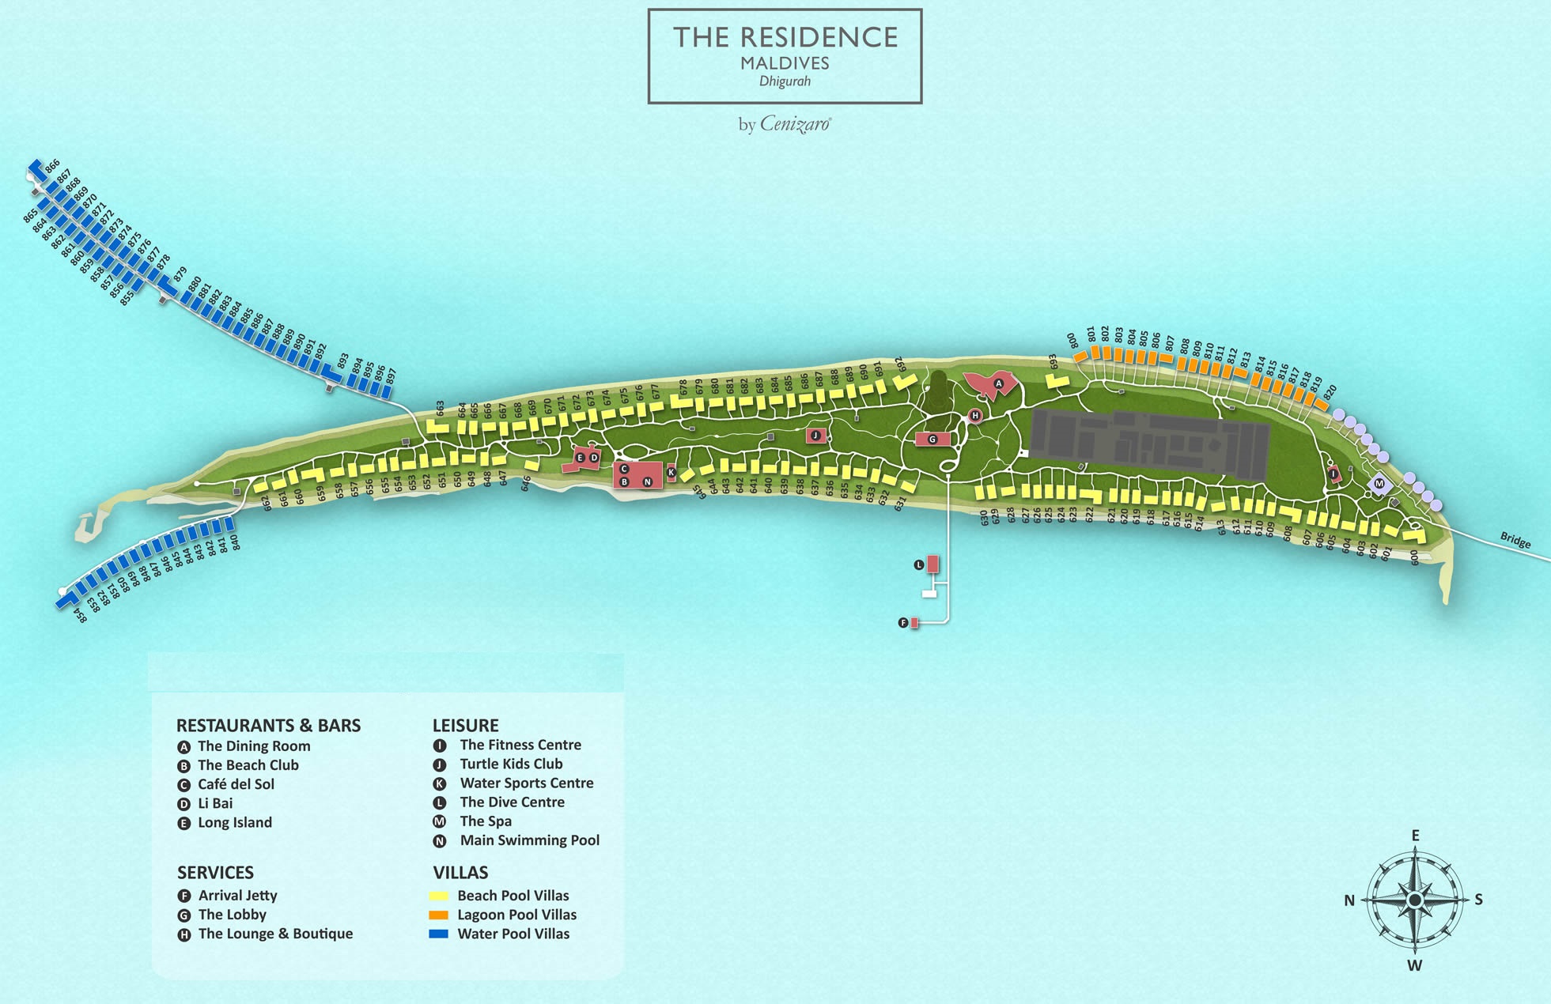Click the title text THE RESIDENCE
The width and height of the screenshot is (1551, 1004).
click(x=785, y=38)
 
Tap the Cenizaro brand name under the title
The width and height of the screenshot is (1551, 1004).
click(x=795, y=124)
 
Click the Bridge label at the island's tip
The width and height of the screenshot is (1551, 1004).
click(x=1515, y=540)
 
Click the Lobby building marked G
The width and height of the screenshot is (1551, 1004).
click(x=932, y=439)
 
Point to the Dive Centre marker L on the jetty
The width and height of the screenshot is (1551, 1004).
click(x=919, y=564)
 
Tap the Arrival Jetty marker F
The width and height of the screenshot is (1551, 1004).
click(x=903, y=623)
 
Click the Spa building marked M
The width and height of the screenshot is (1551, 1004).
click(x=1379, y=484)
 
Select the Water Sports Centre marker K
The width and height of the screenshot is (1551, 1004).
click(x=671, y=472)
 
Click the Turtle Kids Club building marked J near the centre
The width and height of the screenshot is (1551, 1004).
click(x=815, y=435)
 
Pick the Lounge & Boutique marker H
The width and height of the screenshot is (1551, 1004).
click(x=975, y=415)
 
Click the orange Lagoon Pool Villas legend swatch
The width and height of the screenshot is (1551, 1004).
click(x=438, y=915)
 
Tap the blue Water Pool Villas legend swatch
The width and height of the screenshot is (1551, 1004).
click(x=438, y=934)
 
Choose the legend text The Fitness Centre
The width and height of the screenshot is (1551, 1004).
click(x=520, y=745)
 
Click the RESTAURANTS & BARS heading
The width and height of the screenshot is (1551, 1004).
click(x=268, y=726)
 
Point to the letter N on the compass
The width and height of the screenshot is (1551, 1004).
click(x=1349, y=900)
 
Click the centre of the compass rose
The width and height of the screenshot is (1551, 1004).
click(x=1415, y=900)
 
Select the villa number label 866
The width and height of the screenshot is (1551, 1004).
click(x=52, y=166)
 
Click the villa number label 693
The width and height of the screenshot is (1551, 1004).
click(x=1053, y=361)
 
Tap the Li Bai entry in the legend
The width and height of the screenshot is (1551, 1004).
click(x=215, y=803)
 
